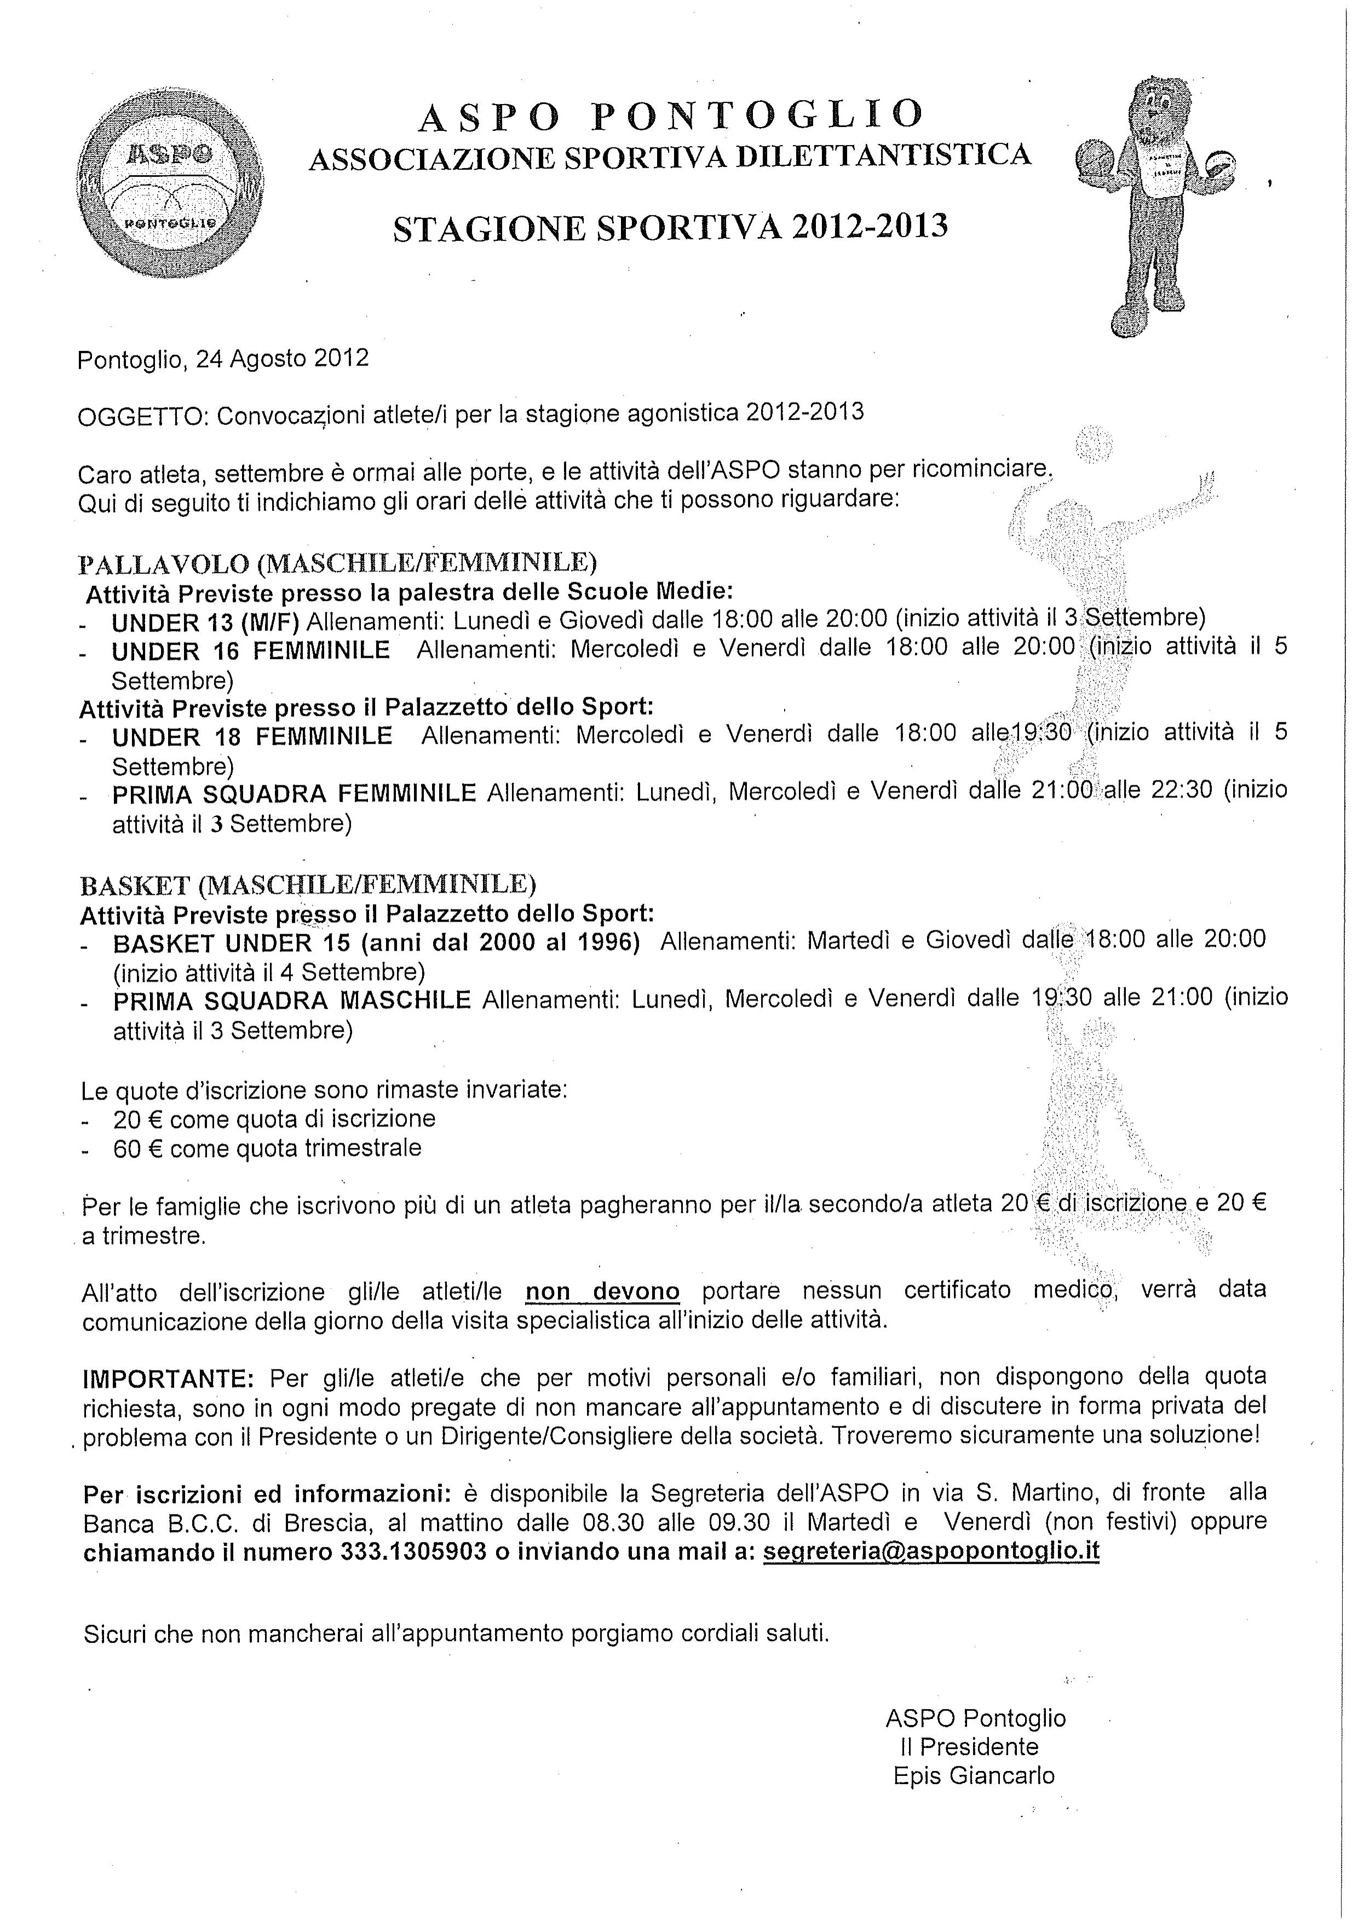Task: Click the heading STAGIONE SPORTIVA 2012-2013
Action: (x=670, y=228)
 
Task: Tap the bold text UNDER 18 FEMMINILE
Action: (x=252, y=737)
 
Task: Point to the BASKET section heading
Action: (x=307, y=884)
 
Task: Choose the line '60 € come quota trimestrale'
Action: (x=267, y=1148)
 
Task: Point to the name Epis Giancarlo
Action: (x=974, y=1775)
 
